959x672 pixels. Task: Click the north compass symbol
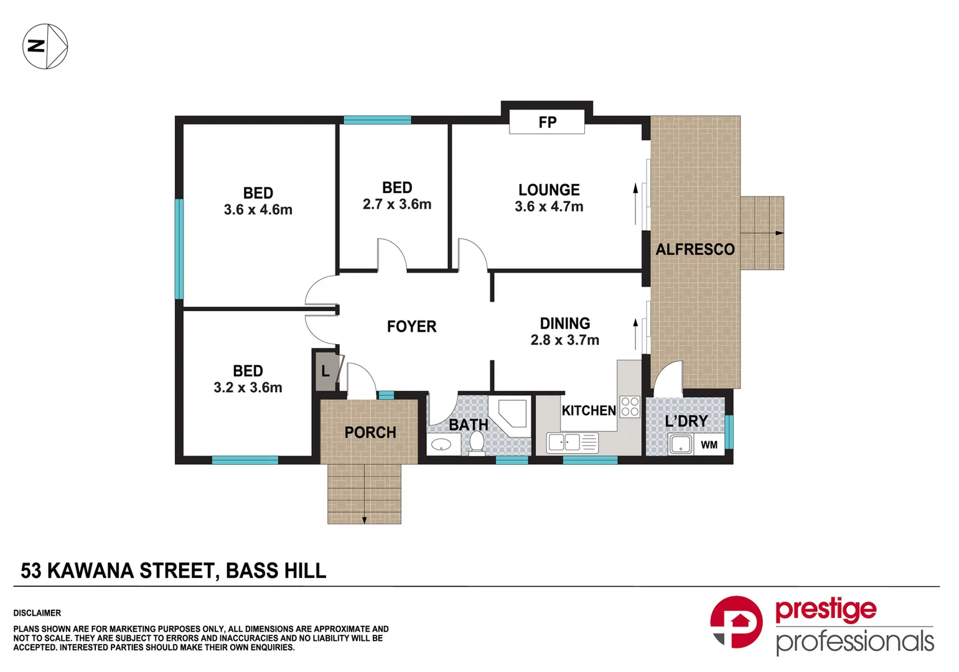point(45,46)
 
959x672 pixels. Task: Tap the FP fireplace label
point(547,123)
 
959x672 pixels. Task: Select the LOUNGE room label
point(549,190)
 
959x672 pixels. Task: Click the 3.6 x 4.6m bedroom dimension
point(258,210)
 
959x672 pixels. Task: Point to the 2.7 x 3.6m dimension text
point(397,204)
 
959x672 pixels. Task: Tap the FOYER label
point(411,327)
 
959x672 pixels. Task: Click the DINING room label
point(564,324)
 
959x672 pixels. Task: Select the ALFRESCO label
point(695,250)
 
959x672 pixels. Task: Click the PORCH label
point(370,432)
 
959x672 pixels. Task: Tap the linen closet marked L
point(325,372)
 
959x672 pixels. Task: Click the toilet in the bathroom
point(477,442)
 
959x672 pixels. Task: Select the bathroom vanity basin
point(441,444)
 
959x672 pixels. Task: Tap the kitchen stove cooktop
point(630,406)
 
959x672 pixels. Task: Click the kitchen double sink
point(564,442)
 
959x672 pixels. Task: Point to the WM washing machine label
point(709,445)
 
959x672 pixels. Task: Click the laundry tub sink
point(681,445)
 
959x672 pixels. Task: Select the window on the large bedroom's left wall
point(179,249)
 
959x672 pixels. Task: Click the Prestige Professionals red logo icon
point(736,622)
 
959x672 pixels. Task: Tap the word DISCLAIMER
point(37,613)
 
